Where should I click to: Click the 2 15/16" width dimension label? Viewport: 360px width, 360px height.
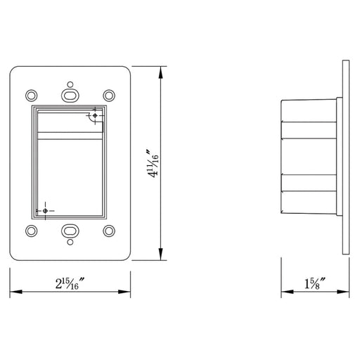[x=70, y=283]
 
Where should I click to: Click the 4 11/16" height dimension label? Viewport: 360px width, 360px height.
[x=153, y=163]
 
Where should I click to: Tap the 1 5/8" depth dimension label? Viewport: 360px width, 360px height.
[x=315, y=283]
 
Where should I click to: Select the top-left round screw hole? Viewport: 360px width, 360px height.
[x=31, y=96]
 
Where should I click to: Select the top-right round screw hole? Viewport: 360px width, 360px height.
[x=109, y=96]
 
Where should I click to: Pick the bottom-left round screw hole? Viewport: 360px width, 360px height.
[x=31, y=231]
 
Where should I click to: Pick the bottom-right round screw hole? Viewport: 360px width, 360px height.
[x=109, y=231]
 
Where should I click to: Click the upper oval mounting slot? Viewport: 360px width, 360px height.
[x=70, y=96]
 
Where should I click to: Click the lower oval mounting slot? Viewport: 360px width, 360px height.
[x=70, y=231]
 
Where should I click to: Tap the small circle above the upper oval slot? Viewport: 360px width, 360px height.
[x=70, y=84]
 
